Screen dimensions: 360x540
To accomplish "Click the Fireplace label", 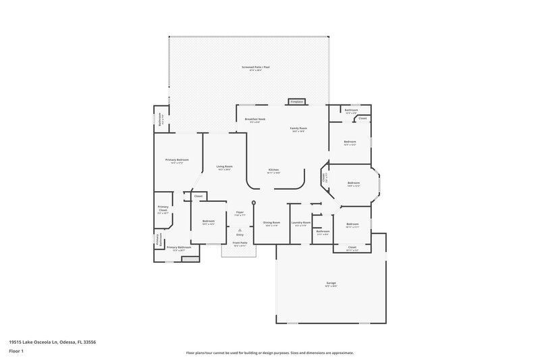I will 296,101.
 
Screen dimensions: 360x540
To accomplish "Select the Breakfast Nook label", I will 255,119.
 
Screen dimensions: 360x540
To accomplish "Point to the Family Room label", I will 299,128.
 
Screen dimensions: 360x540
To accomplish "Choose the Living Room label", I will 224,166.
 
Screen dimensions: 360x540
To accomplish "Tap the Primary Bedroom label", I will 177,159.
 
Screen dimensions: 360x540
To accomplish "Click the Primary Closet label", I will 163,208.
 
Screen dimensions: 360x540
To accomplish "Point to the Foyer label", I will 239,212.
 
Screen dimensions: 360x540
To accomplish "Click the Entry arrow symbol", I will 239,230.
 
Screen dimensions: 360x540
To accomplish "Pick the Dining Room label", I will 271,222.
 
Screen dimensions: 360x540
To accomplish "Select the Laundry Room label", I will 300,222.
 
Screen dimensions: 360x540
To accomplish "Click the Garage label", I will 331,283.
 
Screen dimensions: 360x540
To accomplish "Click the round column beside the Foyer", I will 254,203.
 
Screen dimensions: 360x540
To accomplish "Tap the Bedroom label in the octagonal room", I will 354,182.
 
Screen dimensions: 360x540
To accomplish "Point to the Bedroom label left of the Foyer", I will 208,221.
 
